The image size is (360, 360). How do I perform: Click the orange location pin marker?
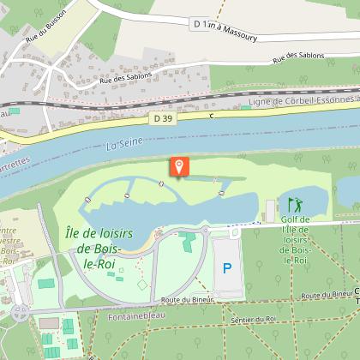179,166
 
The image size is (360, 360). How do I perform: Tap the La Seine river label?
122,146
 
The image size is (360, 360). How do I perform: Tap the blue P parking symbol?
226,267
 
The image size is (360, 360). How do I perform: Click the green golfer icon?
295,205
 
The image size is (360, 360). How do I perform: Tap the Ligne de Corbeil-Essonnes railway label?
300,102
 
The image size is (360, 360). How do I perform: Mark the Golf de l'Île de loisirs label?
296,239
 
